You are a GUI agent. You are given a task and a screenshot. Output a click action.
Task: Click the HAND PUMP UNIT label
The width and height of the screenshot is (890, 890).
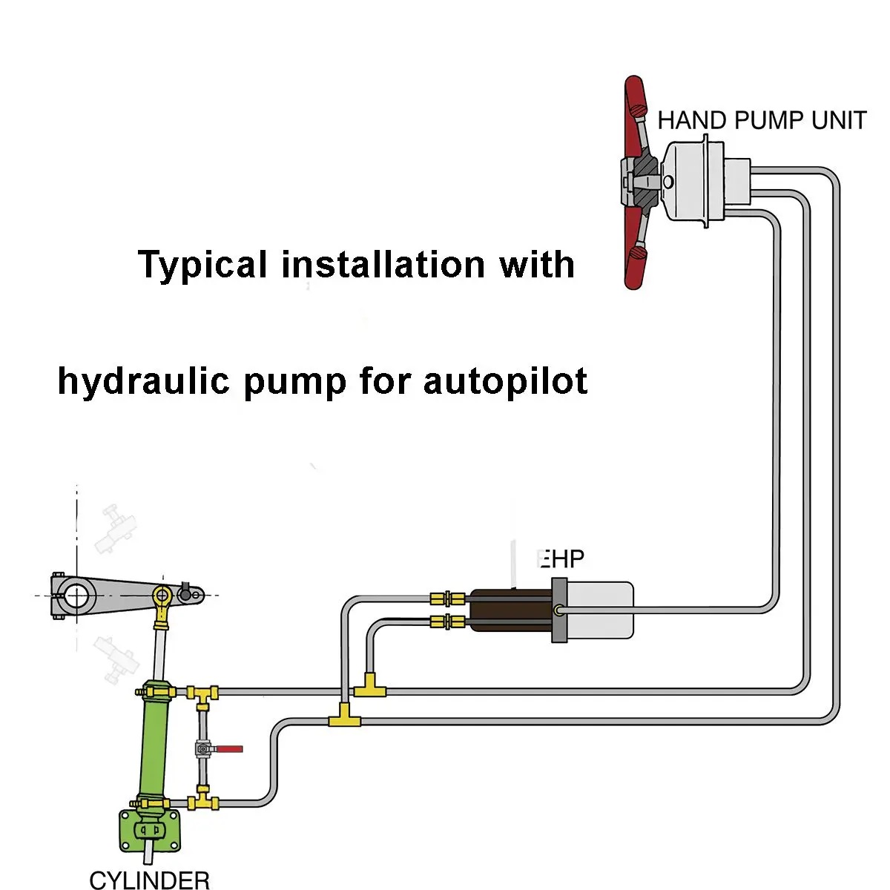click(762, 120)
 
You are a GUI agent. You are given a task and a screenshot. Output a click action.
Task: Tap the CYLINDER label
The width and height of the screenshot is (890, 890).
click(150, 880)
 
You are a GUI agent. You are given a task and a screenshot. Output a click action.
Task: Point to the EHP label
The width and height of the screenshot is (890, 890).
click(561, 558)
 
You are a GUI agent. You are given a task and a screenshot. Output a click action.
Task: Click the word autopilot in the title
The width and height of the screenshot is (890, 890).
click(505, 381)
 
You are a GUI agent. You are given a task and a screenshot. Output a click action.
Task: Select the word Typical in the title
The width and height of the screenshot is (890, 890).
click(202, 265)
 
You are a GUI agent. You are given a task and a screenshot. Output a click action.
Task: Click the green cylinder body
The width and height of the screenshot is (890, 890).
click(154, 749)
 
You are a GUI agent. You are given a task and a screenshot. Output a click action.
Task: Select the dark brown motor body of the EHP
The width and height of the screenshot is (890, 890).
click(510, 610)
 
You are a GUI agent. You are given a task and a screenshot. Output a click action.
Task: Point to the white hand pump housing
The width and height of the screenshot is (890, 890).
click(690, 182)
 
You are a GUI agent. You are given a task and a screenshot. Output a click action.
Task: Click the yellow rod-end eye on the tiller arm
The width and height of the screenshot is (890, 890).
click(162, 595)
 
